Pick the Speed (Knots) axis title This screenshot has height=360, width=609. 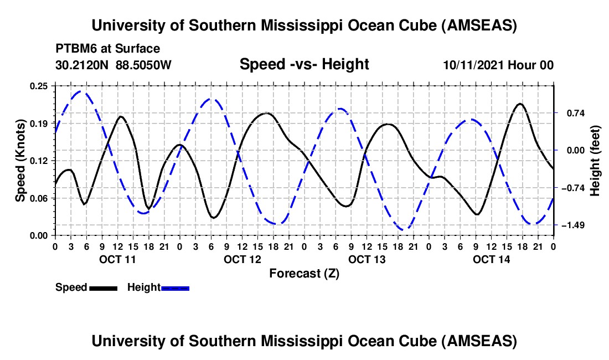point(20,161)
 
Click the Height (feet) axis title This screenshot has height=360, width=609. point(595,161)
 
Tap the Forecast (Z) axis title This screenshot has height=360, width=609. point(304,273)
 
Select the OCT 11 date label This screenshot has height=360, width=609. point(117,259)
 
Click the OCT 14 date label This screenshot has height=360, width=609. point(491,259)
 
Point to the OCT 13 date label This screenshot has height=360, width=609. point(367,259)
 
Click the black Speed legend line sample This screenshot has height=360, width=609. point(103,288)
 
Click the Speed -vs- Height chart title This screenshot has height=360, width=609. point(304,65)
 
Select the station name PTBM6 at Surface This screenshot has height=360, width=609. point(107,49)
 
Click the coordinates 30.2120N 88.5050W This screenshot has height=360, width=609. point(113,65)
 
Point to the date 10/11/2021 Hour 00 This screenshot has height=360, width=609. point(498,65)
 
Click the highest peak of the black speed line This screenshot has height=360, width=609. point(520,104)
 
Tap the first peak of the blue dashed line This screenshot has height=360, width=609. point(81,91)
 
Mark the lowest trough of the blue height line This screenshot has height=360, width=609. point(405,229)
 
